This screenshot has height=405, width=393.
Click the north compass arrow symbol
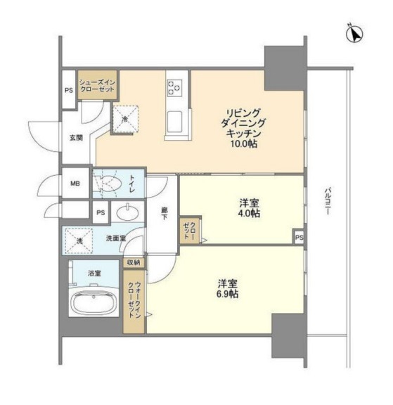pyautogui.click(x=355, y=34)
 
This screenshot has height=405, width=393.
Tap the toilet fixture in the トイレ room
pyautogui.click(x=108, y=184)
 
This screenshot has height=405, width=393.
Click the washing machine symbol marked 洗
pyautogui.click(x=79, y=240)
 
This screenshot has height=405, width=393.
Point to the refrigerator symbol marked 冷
pyautogui.click(x=125, y=119)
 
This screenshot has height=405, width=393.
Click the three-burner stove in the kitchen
pyautogui.click(x=174, y=87)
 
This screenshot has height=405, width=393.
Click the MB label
pyautogui.click(x=75, y=184)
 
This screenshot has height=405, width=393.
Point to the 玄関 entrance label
pyautogui.click(x=76, y=138)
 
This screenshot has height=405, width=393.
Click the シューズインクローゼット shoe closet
pyautogui.click(x=97, y=86)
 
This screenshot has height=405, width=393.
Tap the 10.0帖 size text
pyautogui.click(x=244, y=144)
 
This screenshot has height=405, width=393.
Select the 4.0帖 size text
pyautogui.click(x=249, y=214)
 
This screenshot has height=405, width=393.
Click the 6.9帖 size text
pyautogui.click(x=228, y=294)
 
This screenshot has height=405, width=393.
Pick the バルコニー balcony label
pyautogui.click(x=328, y=201)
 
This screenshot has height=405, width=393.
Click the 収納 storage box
pyautogui.click(x=134, y=263)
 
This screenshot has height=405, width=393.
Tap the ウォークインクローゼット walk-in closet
pyautogui.click(x=134, y=302)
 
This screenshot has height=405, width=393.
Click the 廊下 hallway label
pyautogui.click(x=165, y=213)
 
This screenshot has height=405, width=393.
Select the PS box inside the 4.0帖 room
pyautogui.click(x=299, y=238)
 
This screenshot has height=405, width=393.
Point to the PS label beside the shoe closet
pyautogui.click(x=69, y=91)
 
